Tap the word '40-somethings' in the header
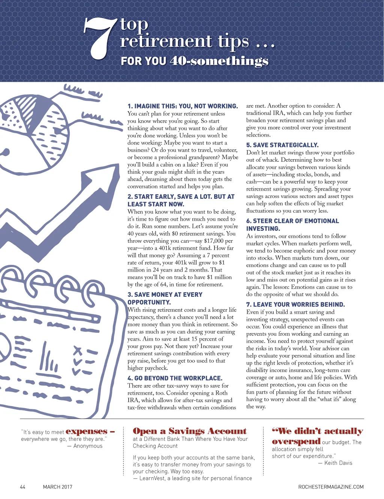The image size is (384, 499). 219,61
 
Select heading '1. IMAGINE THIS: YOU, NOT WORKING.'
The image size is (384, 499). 183,106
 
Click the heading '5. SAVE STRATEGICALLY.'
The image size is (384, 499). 282,145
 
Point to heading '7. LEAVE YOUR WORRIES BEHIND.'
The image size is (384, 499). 295,305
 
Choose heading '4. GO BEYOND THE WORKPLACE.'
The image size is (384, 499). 175,378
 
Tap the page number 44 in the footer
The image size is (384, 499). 22,487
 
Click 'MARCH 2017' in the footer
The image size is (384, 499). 57,487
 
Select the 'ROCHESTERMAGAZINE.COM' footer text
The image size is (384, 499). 331,487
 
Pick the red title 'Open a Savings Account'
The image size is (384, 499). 190,431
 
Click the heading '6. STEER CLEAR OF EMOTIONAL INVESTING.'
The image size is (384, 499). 292,225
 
